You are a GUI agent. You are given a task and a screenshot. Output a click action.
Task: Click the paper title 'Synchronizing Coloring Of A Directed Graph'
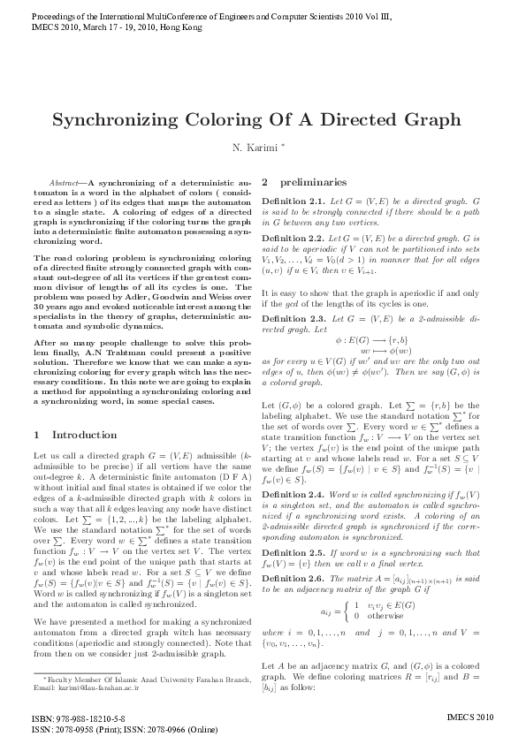click(x=263, y=119)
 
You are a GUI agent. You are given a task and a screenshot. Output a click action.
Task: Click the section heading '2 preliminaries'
click(x=311, y=183)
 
